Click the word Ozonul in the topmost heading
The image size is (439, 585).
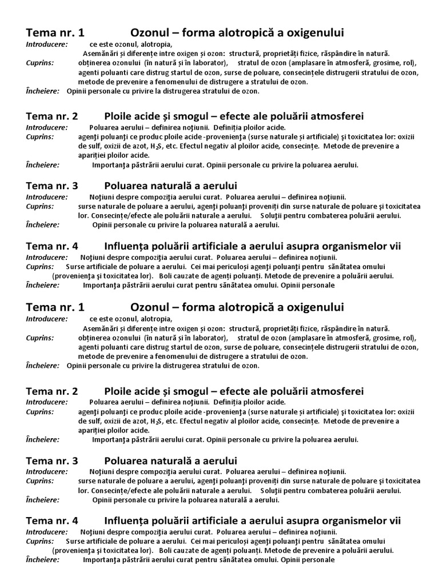(150, 33)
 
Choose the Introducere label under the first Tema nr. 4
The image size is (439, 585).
(46, 258)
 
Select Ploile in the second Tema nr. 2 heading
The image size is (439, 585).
(119, 391)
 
